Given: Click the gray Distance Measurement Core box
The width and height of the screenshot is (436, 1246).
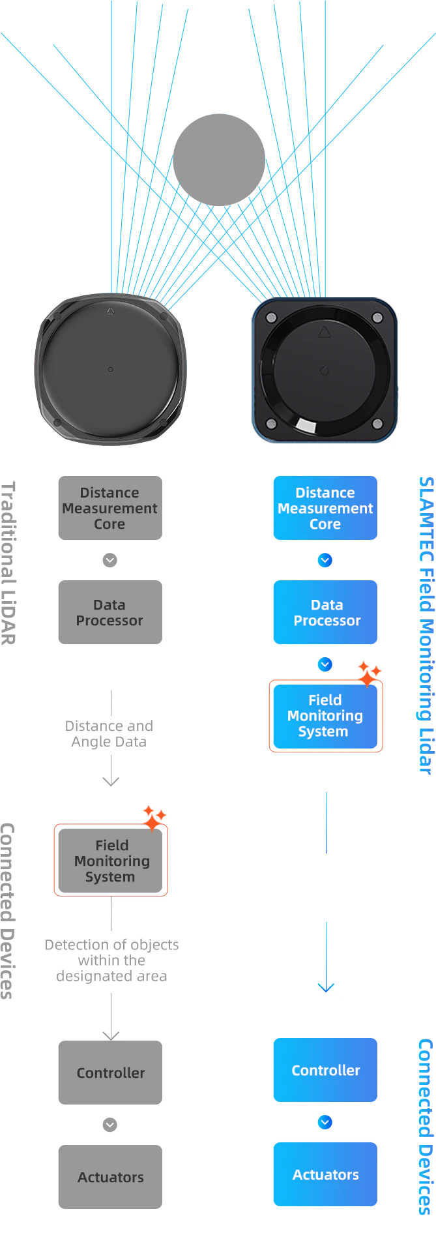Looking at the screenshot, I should tap(110, 508).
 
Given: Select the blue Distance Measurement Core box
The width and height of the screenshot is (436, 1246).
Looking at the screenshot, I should tap(325, 508).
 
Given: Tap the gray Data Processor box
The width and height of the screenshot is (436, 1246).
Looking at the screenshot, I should tap(110, 612).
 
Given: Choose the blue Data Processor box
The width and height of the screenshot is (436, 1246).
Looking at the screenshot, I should tap(325, 612).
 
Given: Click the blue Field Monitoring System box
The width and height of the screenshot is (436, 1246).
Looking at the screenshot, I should tap(325, 716).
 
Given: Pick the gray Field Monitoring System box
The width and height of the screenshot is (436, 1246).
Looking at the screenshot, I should tap(111, 861).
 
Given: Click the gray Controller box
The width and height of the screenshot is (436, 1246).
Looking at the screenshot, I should tap(110, 1073).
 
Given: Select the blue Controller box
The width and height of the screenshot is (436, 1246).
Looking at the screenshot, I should tap(325, 1070).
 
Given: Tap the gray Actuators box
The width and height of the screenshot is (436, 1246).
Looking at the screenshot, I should tap(110, 1177).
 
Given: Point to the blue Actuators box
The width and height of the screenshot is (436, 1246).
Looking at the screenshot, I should tap(325, 1174).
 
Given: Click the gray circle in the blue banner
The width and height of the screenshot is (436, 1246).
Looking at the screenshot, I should tap(219, 160).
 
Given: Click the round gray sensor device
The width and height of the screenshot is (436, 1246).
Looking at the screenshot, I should tap(110, 369).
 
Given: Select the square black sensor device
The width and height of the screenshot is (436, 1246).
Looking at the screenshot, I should tap(324, 370).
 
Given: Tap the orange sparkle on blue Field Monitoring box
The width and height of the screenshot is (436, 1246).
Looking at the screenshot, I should tap(369, 674).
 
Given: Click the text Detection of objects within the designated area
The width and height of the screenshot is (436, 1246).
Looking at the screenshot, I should tap(111, 960).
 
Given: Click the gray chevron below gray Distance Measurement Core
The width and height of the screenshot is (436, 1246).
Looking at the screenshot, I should tap(110, 560).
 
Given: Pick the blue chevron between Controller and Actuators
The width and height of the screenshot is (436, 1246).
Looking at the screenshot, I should tap(325, 1122).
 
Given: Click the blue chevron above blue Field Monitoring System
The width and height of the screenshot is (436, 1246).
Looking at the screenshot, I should tap(325, 664).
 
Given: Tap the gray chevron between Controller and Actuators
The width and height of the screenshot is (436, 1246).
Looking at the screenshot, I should tap(110, 1125).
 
